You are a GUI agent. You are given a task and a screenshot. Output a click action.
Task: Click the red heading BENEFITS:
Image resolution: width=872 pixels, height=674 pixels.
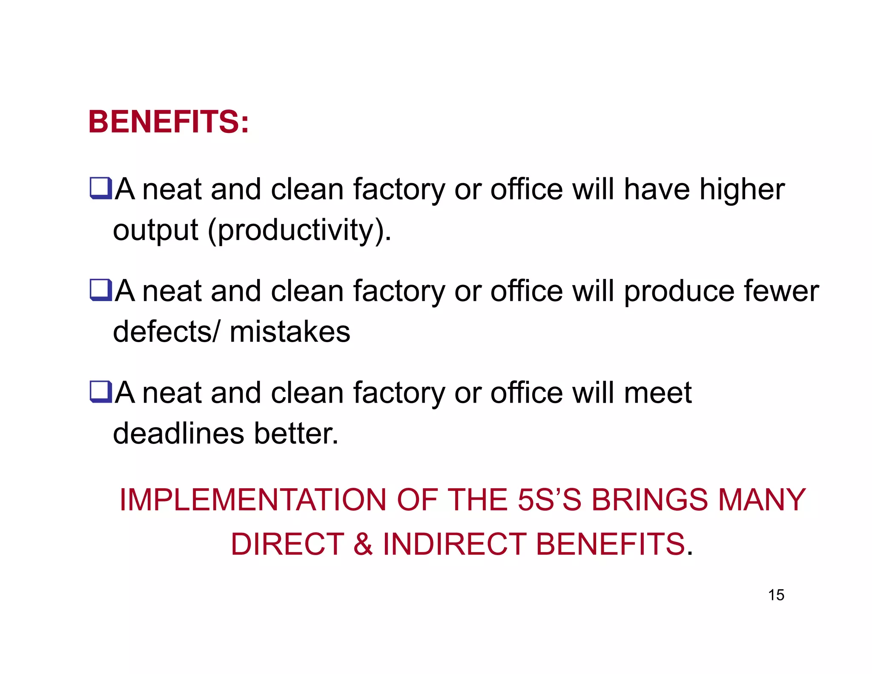pos(168,122)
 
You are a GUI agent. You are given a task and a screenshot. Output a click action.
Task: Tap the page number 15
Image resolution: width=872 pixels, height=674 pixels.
pos(776,595)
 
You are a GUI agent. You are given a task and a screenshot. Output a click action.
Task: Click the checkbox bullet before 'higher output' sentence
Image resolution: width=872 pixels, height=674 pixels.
pos(100,189)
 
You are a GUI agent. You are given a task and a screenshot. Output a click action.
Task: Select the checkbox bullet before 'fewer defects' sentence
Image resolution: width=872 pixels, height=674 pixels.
pos(100,290)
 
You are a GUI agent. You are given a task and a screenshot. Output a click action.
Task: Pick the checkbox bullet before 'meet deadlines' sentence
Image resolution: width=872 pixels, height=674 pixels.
pos(100,392)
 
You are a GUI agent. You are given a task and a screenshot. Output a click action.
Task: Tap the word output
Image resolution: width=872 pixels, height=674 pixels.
pos(155,230)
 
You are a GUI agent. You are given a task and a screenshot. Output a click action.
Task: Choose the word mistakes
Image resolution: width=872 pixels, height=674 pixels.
pos(290,332)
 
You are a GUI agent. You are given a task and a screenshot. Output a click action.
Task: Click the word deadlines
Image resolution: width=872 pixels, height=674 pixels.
pos(179,434)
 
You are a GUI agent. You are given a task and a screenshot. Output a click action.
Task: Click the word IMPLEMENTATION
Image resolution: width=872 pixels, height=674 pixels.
pos(252,500)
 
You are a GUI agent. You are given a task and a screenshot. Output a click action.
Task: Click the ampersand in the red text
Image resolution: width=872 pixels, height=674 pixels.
pos(363,544)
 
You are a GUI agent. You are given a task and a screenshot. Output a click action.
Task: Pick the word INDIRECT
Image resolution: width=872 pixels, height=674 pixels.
pos(454,544)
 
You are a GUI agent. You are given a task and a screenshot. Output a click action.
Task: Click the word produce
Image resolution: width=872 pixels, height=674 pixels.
pos(679,292)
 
